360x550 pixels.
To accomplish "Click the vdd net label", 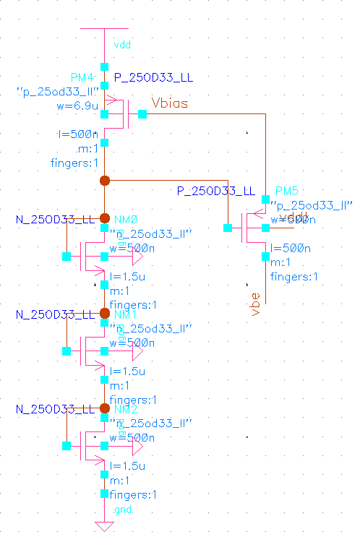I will point(122,46).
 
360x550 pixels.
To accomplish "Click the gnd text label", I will point(122,510).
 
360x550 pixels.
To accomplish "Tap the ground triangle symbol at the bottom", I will point(104,525).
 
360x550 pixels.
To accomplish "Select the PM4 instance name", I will point(82,77).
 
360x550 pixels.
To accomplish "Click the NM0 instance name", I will point(125,219).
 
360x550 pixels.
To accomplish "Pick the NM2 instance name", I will point(125,409).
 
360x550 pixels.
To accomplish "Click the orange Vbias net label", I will point(169,103).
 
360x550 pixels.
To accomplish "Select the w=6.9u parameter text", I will point(77,106).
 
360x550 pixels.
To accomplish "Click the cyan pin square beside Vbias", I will point(142,113).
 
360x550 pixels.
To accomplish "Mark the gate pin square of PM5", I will point(228,228).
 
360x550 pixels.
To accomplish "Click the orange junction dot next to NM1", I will point(104,313).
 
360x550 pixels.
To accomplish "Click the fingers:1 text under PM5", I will point(293,277).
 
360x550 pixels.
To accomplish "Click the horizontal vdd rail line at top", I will point(104,30).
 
